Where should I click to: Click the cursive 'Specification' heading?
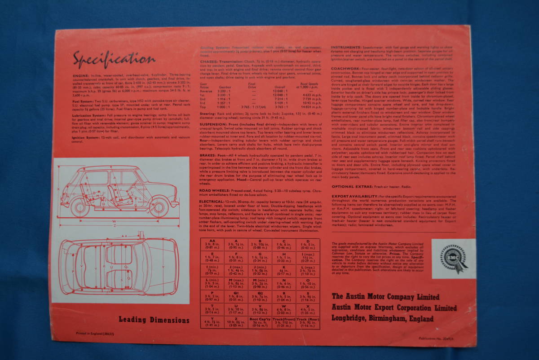[114, 58]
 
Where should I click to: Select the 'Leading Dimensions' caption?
[154, 320]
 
